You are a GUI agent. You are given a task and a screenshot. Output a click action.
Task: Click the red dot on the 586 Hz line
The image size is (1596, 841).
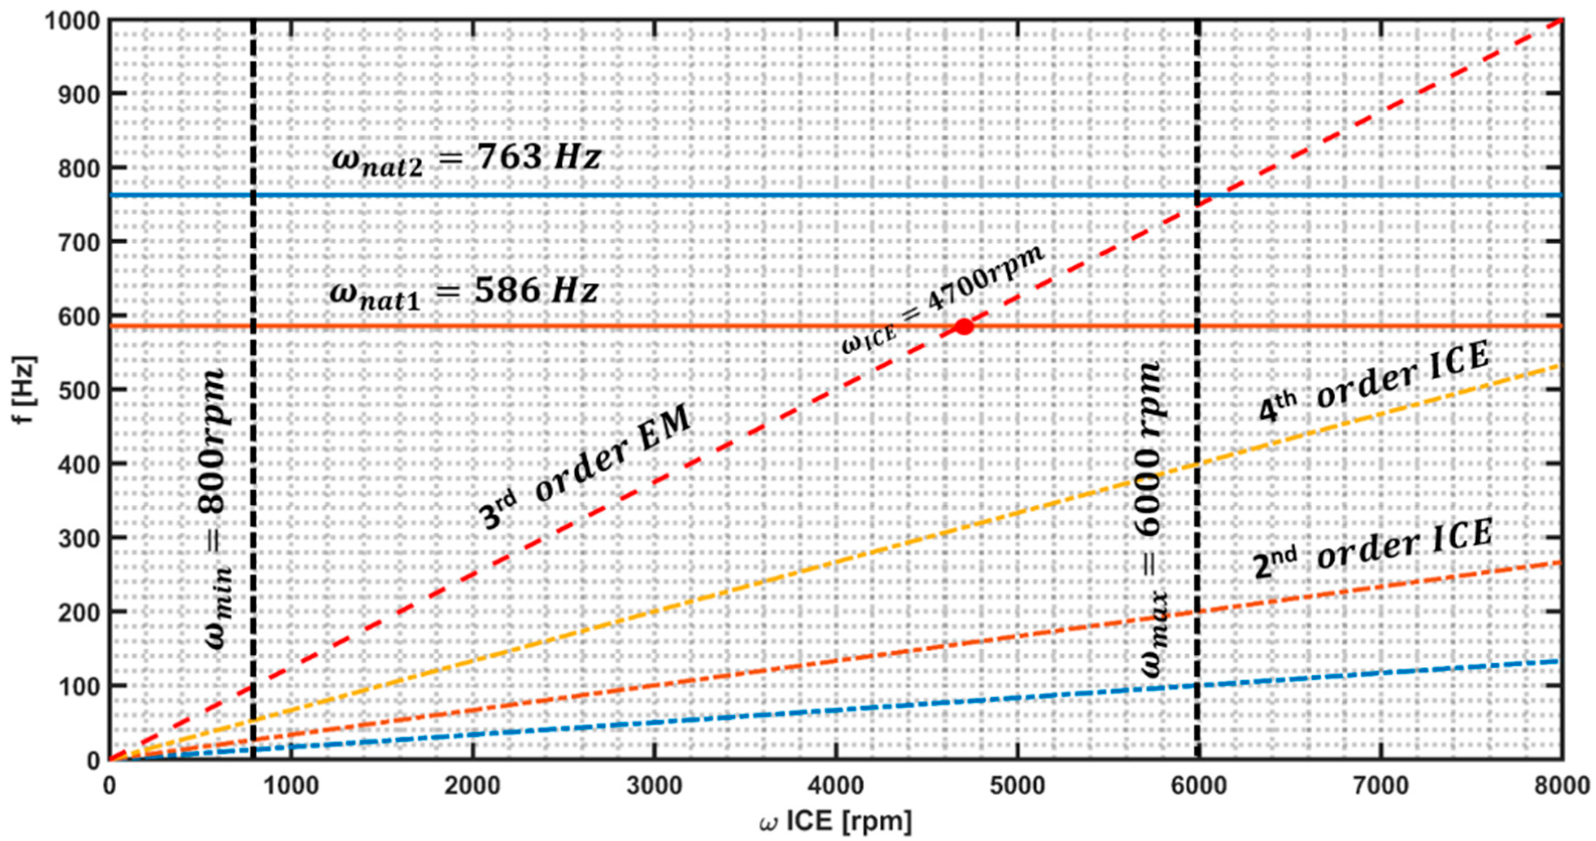pyautogui.click(x=963, y=327)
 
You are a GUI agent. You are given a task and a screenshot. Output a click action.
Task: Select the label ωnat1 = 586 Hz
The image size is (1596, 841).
pyautogui.click(x=464, y=292)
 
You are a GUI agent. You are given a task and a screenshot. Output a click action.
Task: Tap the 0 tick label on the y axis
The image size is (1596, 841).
pyautogui.click(x=91, y=760)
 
